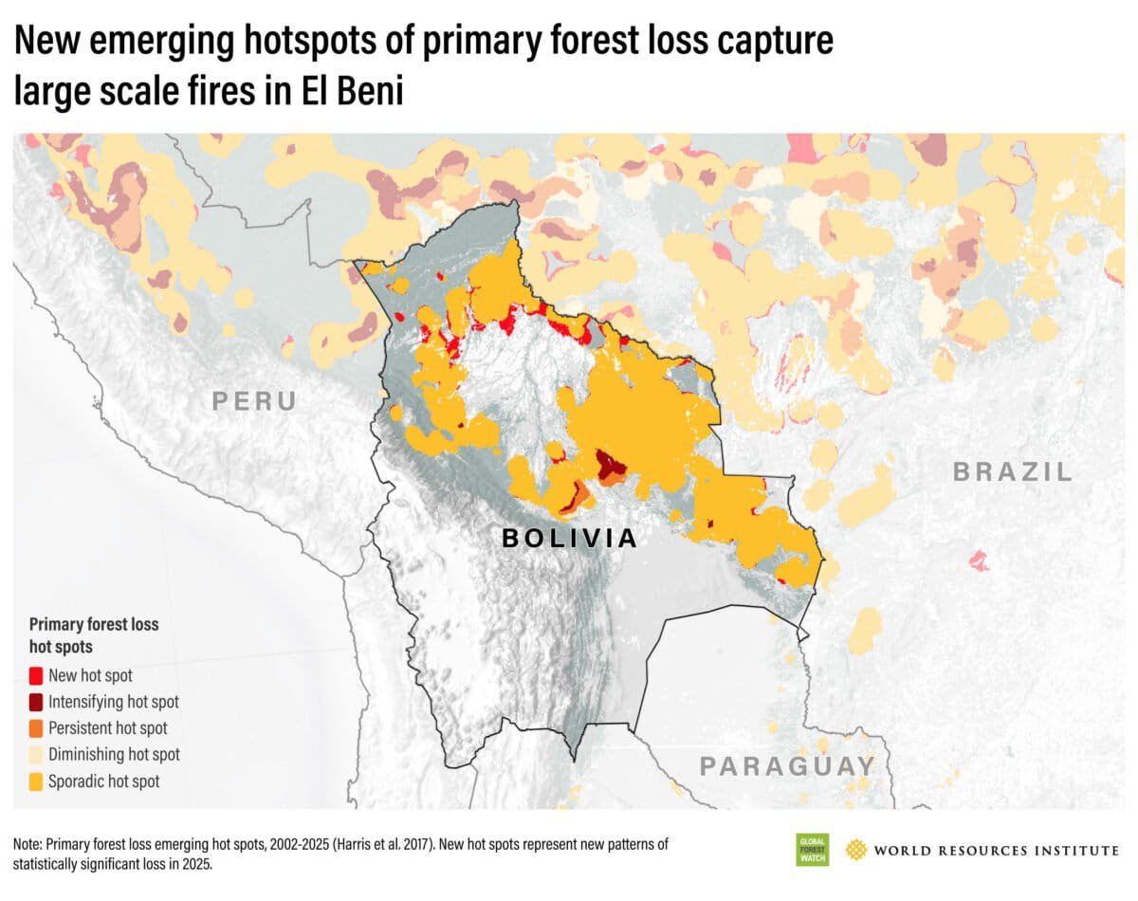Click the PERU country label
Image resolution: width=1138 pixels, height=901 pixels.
point(253,401)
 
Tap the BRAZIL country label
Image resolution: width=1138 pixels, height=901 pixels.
point(1013,471)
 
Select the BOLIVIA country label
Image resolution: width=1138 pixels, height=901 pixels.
point(569,539)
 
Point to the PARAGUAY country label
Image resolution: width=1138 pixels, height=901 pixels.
point(787,765)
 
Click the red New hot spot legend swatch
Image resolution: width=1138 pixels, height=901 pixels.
point(36,676)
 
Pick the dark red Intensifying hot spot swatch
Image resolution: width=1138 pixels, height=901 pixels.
point(36,703)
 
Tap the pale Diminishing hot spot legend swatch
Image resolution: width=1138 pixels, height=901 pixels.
point(36,755)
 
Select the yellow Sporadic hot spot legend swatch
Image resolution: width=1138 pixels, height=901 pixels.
point(36,781)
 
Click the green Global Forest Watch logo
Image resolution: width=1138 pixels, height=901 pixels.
point(812,850)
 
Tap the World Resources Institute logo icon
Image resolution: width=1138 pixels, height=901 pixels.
point(857,850)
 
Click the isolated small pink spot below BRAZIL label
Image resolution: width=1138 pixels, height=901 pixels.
point(978,561)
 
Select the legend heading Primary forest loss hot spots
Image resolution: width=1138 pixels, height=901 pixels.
point(93,635)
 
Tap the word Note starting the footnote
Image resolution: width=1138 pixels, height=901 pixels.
point(27,843)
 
